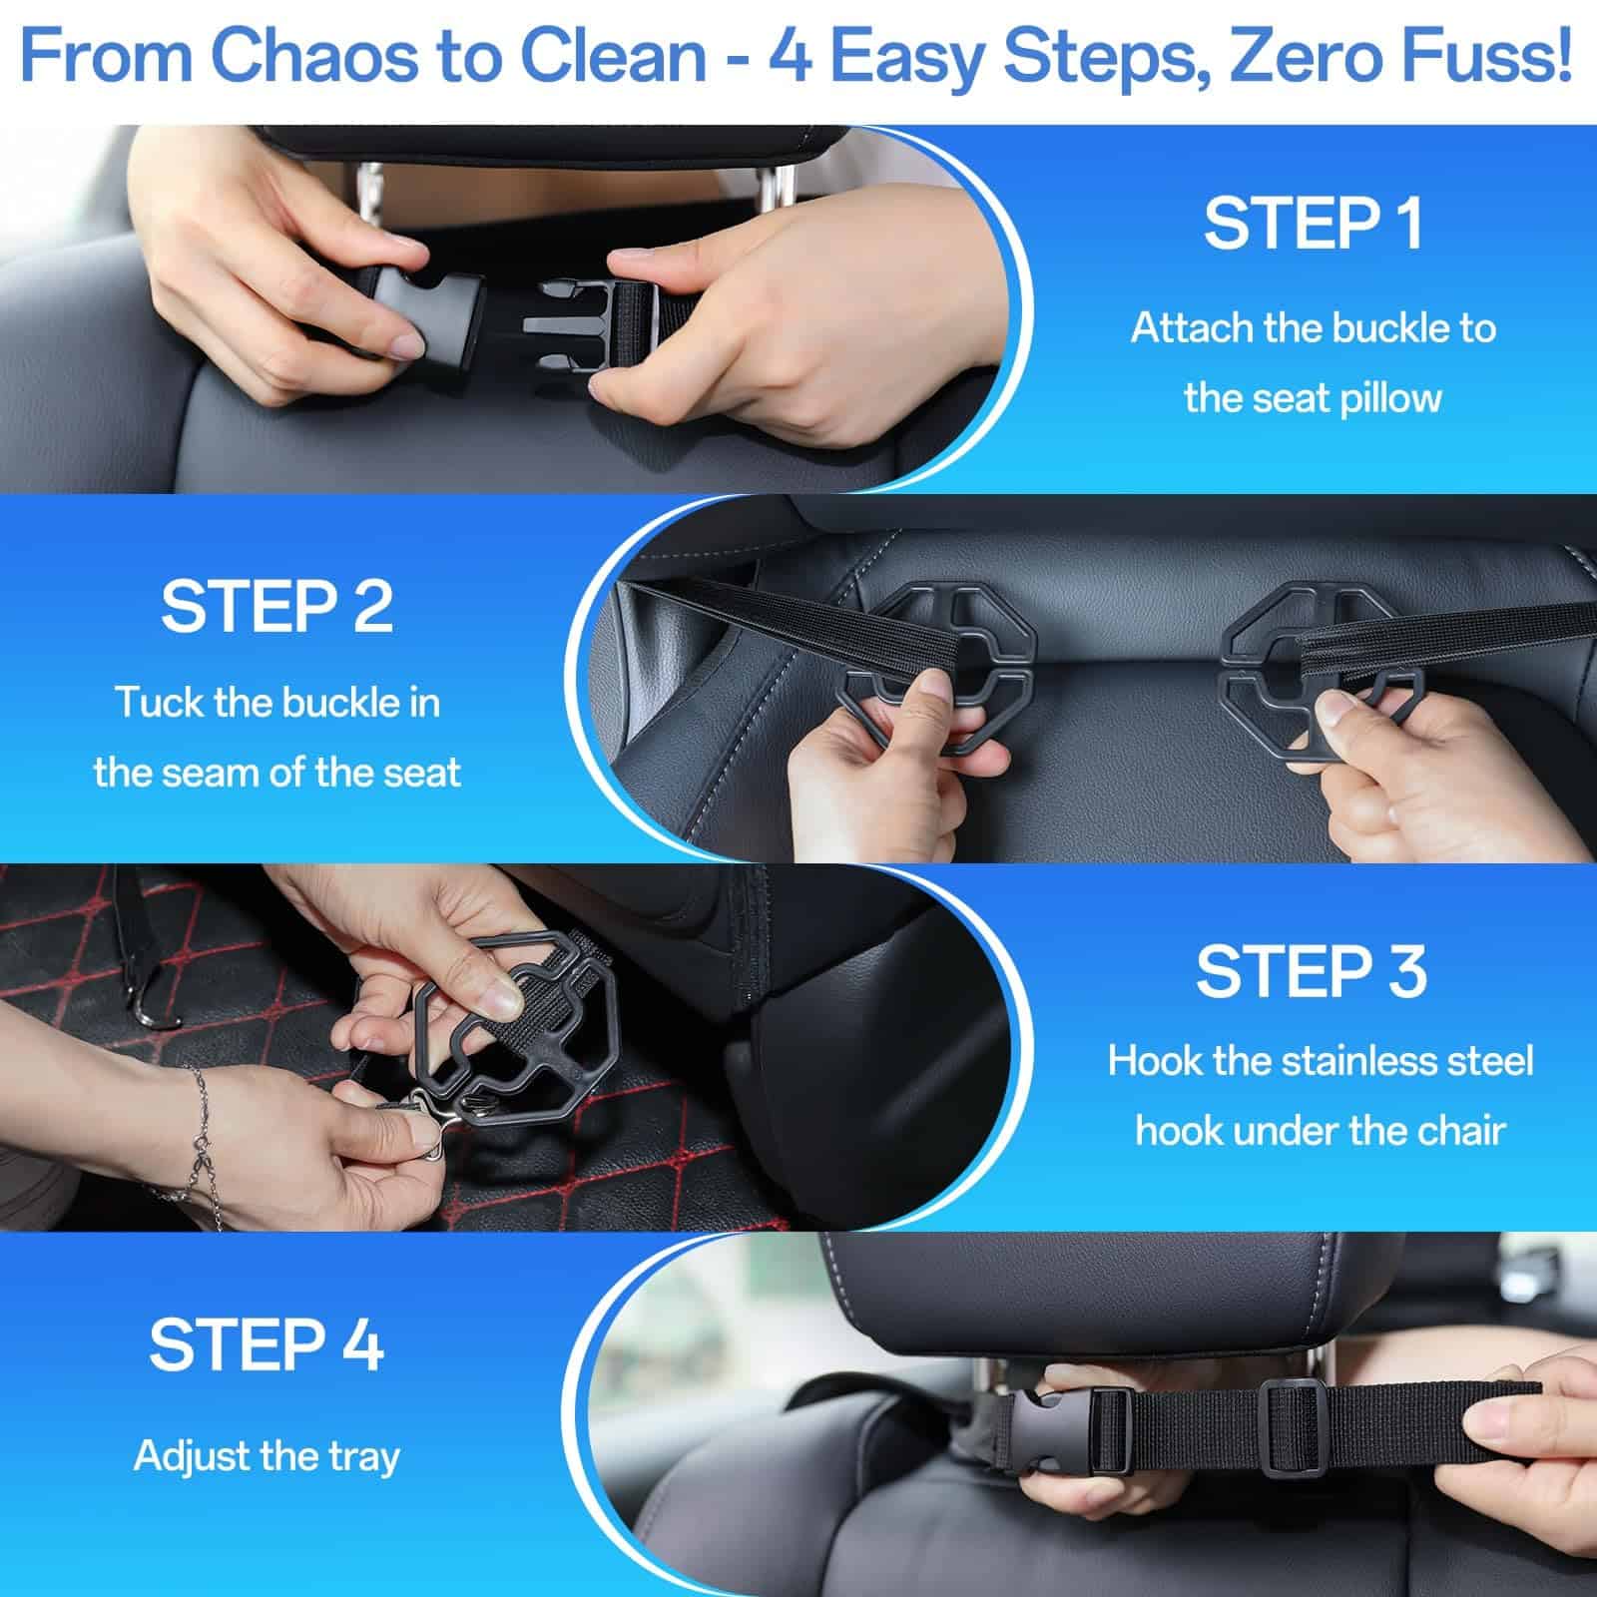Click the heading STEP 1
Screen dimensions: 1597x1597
point(1313,224)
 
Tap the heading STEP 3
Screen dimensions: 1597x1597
point(1312,970)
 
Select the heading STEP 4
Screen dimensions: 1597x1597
point(266,1344)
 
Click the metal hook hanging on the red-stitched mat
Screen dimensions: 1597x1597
point(150,998)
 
